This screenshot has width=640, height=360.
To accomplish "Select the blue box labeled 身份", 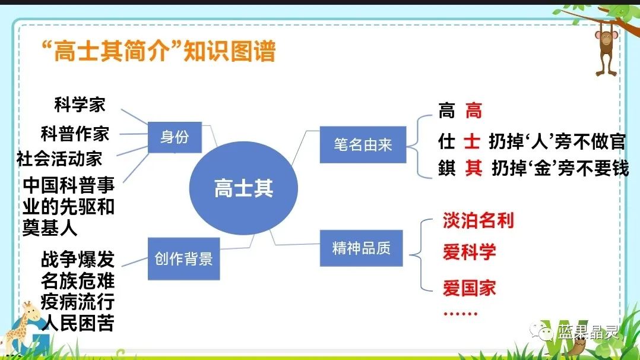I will pyautogui.click(x=175, y=137).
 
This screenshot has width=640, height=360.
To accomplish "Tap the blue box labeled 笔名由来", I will pyautogui.click(x=362, y=144).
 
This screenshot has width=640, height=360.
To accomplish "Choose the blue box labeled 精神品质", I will pyautogui.click(x=362, y=248).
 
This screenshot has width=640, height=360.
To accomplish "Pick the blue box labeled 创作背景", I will pyautogui.click(x=183, y=259).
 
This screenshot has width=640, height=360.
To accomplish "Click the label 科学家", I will pyautogui.click(x=80, y=105).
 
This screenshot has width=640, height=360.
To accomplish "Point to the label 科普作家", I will pyautogui.click(x=75, y=134).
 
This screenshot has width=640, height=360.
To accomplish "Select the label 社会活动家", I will pyautogui.click(x=59, y=159).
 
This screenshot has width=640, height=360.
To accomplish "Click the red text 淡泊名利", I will pyautogui.click(x=478, y=220).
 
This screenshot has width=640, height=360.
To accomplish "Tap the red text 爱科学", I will pyautogui.click(x=469, y=252).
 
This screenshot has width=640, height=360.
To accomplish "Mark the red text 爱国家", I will pyautogui.click(x=469, y=289).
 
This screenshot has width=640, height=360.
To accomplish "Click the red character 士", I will pyautogui.click(x=472, y=141).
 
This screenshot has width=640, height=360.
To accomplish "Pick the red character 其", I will pyautogui.click(x=473, y=169).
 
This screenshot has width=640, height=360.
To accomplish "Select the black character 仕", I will pyautogui.click(x=446, y=141).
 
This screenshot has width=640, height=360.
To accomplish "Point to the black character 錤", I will pyautogui.click(x=446, y=169).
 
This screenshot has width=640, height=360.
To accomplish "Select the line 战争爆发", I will pyautogui.click(x=77, y=260).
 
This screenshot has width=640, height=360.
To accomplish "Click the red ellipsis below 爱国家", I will pyautogui.click(x=460, y=314).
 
